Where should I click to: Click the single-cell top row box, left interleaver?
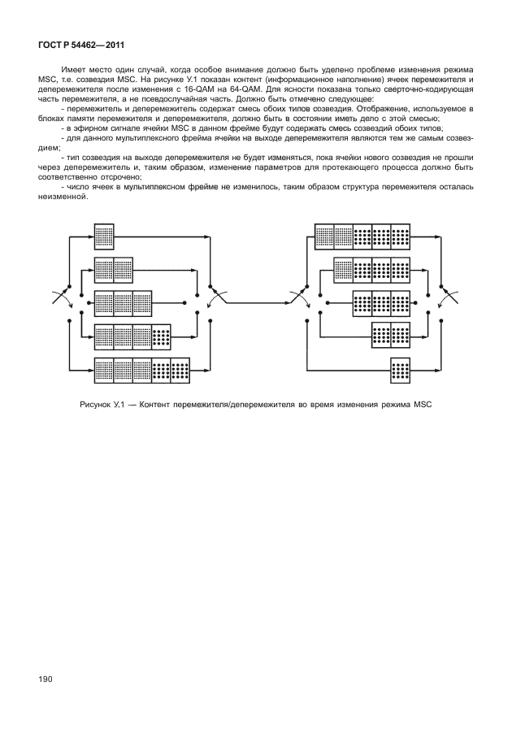pos(103,236)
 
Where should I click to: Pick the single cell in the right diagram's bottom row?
pos(401,368)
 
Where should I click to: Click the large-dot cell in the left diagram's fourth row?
pos(161,335)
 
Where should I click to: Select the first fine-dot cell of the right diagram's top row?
pos(324,236)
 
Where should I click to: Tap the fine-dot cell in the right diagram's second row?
pos(343,269)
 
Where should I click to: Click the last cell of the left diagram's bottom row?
pos(180,368)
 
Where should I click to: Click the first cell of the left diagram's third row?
pos(103,302)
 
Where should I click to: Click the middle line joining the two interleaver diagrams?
pos(252,302)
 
